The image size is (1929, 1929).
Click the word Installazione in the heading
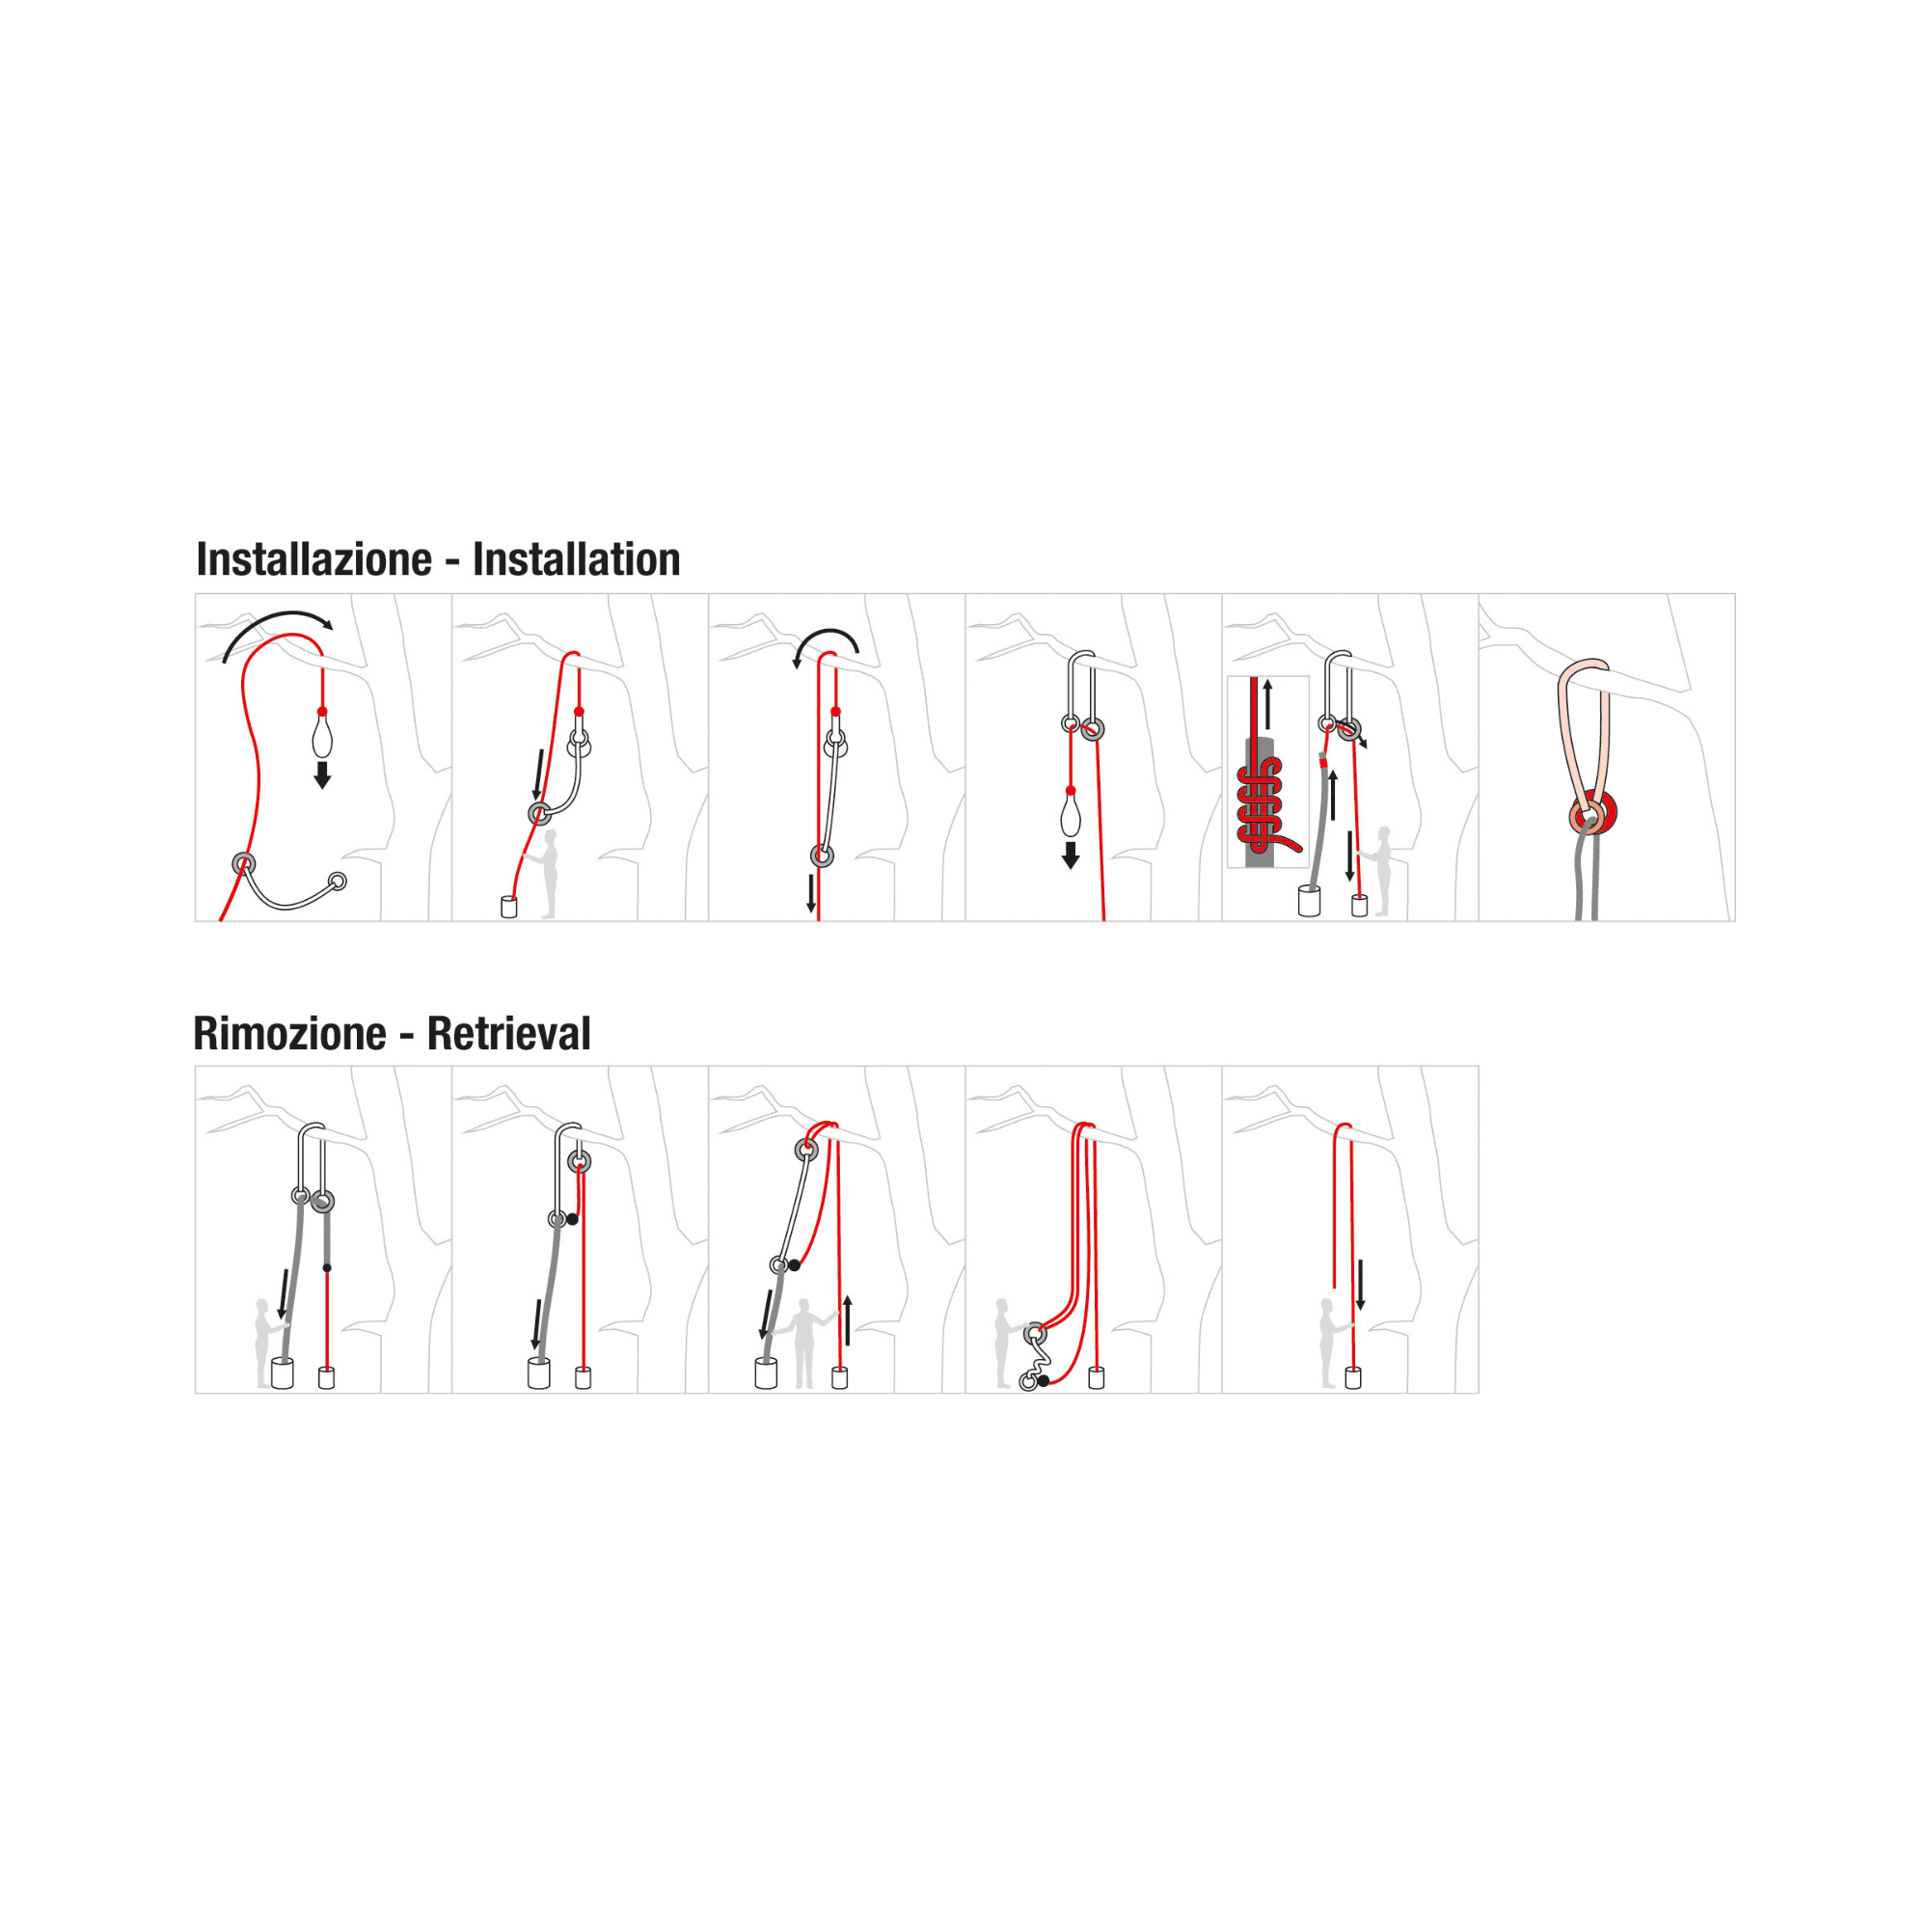313,560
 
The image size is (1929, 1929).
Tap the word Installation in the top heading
576,560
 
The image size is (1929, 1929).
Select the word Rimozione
289,1033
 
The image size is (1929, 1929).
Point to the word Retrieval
508,1033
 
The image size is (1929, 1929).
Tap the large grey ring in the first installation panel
244,863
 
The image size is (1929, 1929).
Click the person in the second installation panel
547,874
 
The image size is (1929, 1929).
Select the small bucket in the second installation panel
508,907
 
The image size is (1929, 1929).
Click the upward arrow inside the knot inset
1268,704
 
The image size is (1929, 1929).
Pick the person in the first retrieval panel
264,1343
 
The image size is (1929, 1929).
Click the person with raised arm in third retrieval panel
802,1343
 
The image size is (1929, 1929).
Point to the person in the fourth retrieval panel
1003,1343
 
